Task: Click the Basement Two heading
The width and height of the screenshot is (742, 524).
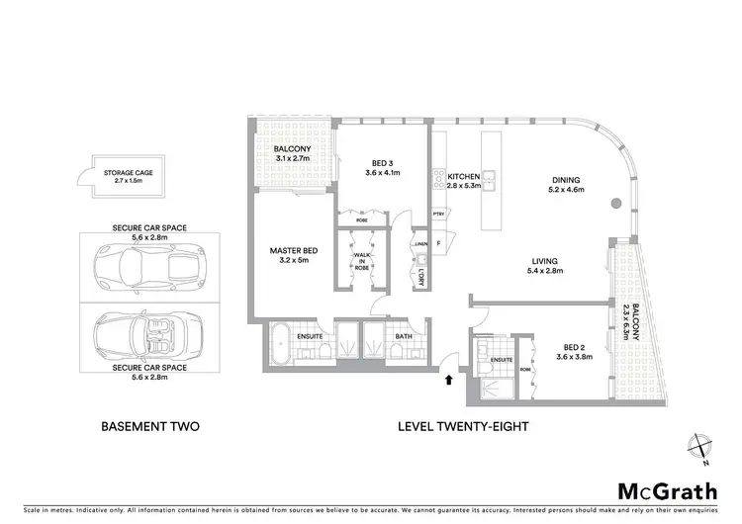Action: [x=151, y=427]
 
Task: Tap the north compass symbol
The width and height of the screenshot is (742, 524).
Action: [x=699, y=448]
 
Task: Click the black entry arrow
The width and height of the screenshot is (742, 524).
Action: [x=451, y=379]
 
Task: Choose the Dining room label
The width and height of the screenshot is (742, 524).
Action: [x=566, y=180]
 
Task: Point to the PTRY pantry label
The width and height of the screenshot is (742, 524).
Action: [x=438, y=215]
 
